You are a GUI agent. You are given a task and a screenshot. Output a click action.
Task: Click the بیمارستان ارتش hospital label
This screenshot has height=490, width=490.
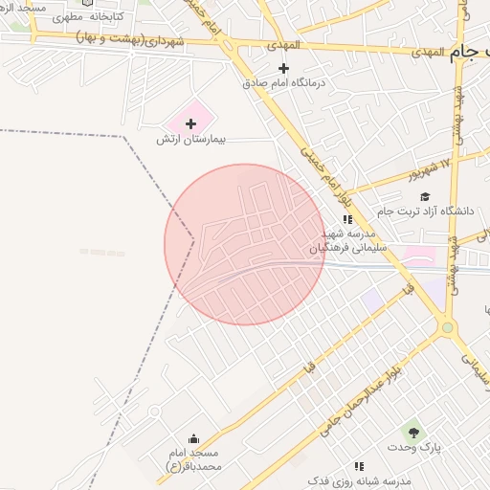(x=190, y=140)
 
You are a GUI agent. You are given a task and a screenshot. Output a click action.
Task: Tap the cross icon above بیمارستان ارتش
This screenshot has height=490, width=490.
(x=190, y=123)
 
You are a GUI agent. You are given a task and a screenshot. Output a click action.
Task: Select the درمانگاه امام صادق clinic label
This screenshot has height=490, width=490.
(x=283, y=83)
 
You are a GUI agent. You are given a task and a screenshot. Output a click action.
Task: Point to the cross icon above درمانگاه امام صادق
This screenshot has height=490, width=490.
(x=283, y=68)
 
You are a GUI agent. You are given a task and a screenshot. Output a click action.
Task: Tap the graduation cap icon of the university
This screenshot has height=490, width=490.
(x=426, y=195)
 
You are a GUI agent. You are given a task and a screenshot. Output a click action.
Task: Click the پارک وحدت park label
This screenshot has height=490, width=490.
(x=413, y=448)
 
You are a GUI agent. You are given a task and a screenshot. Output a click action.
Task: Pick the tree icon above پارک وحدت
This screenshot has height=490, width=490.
(x=413, y=432)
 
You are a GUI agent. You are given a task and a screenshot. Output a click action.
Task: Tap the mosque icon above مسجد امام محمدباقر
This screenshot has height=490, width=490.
(x=194, y=438)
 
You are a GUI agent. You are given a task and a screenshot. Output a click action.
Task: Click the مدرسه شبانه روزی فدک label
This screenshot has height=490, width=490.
(x=359, y=479)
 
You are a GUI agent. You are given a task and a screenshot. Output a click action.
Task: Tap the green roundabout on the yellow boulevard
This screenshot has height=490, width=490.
(x=446, y=327)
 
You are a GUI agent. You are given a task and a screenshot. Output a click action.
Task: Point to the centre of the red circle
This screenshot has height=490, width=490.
(x=245, y=244)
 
